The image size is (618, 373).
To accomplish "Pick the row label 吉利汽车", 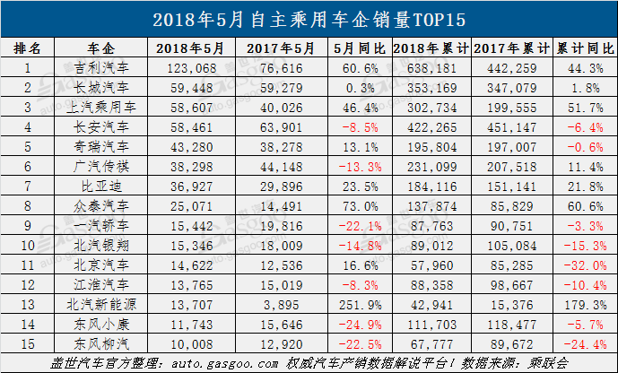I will tap(100, 68).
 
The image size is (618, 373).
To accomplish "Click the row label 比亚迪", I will tap(100, 186).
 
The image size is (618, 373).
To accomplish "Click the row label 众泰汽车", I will tap(100, 206).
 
